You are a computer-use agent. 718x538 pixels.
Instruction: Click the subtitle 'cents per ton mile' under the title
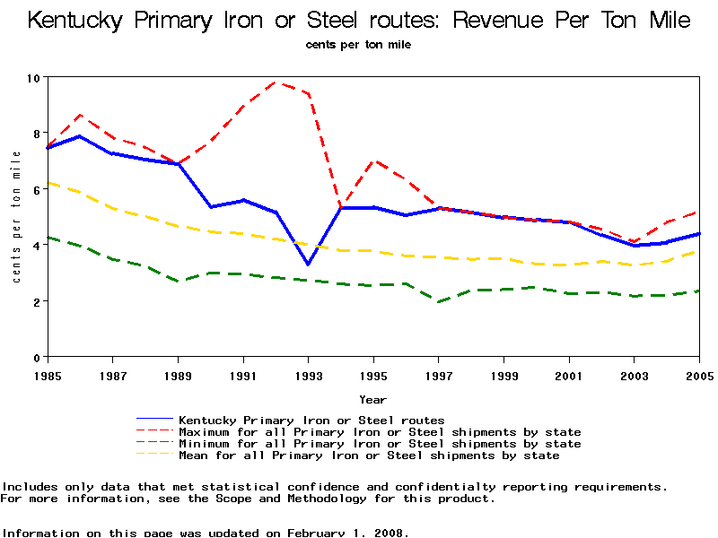358,44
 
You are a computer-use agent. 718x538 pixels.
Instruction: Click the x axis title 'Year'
373,399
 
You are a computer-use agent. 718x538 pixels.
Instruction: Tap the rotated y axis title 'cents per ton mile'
16,217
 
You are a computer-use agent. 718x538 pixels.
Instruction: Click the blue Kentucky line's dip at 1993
308,265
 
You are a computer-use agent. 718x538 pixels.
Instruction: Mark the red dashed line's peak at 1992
276,82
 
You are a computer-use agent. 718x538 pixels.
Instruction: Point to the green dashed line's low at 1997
439,302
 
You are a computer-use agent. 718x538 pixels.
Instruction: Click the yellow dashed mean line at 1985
48,182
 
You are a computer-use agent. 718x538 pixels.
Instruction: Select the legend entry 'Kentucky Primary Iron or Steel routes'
311,420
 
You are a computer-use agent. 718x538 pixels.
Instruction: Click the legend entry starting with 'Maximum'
380,432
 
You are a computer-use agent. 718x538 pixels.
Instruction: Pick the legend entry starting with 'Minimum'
380,444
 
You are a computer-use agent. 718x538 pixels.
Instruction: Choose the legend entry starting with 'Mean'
369,456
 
